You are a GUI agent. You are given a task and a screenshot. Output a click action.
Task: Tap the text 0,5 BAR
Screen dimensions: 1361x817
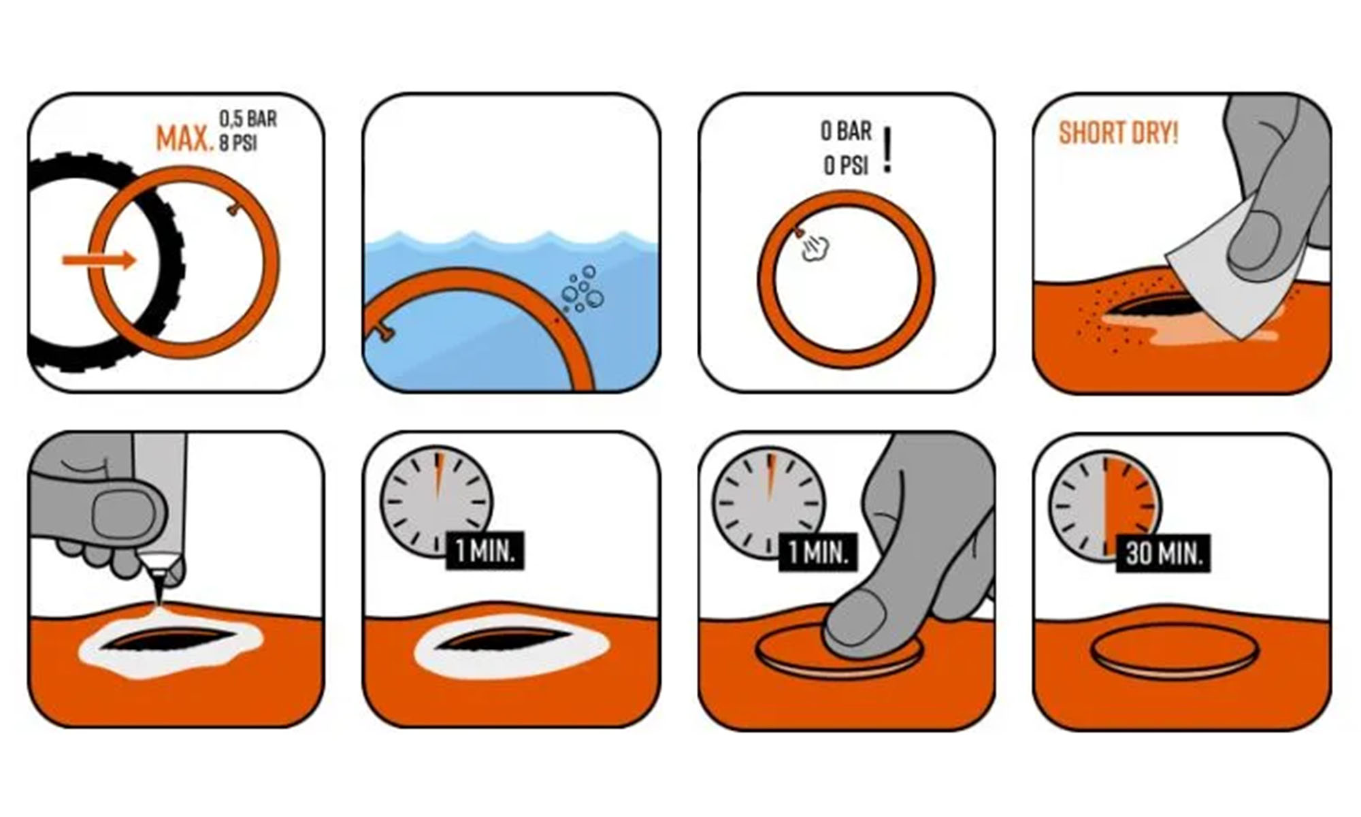(248, 118)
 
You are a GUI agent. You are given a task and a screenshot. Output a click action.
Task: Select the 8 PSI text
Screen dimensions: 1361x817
(237, 144)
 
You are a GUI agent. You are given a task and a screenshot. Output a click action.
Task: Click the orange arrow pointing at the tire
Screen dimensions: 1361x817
(99, 259)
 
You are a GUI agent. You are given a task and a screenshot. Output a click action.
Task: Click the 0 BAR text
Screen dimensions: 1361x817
(846, 131)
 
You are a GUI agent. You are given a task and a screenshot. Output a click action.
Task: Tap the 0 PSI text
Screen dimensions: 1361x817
(846, 165)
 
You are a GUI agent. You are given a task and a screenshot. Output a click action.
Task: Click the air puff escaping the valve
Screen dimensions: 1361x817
(815, 248)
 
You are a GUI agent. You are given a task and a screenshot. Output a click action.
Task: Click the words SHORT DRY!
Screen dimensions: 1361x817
(1118, 133)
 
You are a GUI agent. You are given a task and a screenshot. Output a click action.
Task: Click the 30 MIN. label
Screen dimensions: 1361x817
(1164, 553)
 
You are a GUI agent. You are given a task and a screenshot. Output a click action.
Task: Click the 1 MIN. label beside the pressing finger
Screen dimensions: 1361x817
(818, 551)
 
